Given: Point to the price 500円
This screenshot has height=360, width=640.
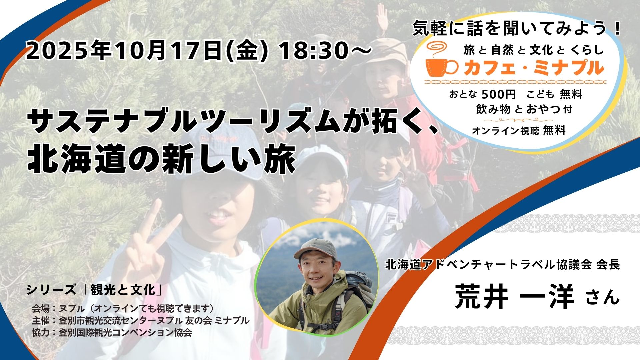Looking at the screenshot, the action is tap(499, 95).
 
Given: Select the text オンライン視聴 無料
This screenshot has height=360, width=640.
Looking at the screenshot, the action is tap(518, 131).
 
